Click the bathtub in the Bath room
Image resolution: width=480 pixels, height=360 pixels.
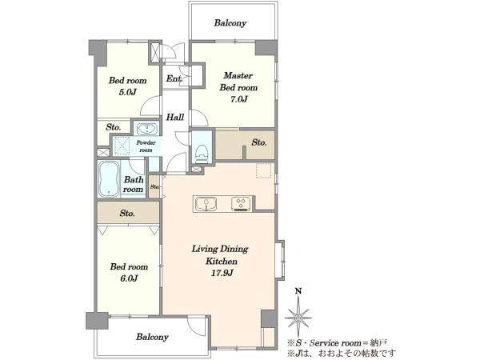click(x=109, y=180)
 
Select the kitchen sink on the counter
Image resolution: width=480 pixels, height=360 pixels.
click(x=206, y=204)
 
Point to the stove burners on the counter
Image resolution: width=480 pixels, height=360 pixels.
click(x=241, y=204)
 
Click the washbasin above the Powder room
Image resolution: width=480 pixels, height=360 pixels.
click(x=147, y=129)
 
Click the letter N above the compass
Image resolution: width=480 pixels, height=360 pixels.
click(x=298, y=291)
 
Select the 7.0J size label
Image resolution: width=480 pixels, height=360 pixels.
click(x=238, y=99)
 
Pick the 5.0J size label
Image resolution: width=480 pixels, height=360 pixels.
click(x=127, y=92)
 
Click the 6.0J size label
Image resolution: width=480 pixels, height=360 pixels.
click(x=129, y=278)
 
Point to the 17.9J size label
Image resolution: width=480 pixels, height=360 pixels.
click(x=222, y=273)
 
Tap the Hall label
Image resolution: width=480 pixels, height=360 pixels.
click(x=175, y=117)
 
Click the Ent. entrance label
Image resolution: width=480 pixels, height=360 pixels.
click(x=174, y=78)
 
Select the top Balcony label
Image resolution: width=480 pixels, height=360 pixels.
click(x=230, y=23)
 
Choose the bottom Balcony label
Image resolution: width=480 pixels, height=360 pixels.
click(x=153, y=337)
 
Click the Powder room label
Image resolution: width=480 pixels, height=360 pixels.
click(x=146, y=146)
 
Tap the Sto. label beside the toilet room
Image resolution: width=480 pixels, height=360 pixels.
click(x=259, y=142)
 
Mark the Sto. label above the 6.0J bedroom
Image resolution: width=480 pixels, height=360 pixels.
click(x=127, y=213)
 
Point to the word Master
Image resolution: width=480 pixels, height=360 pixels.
click(x=238, y=75)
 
